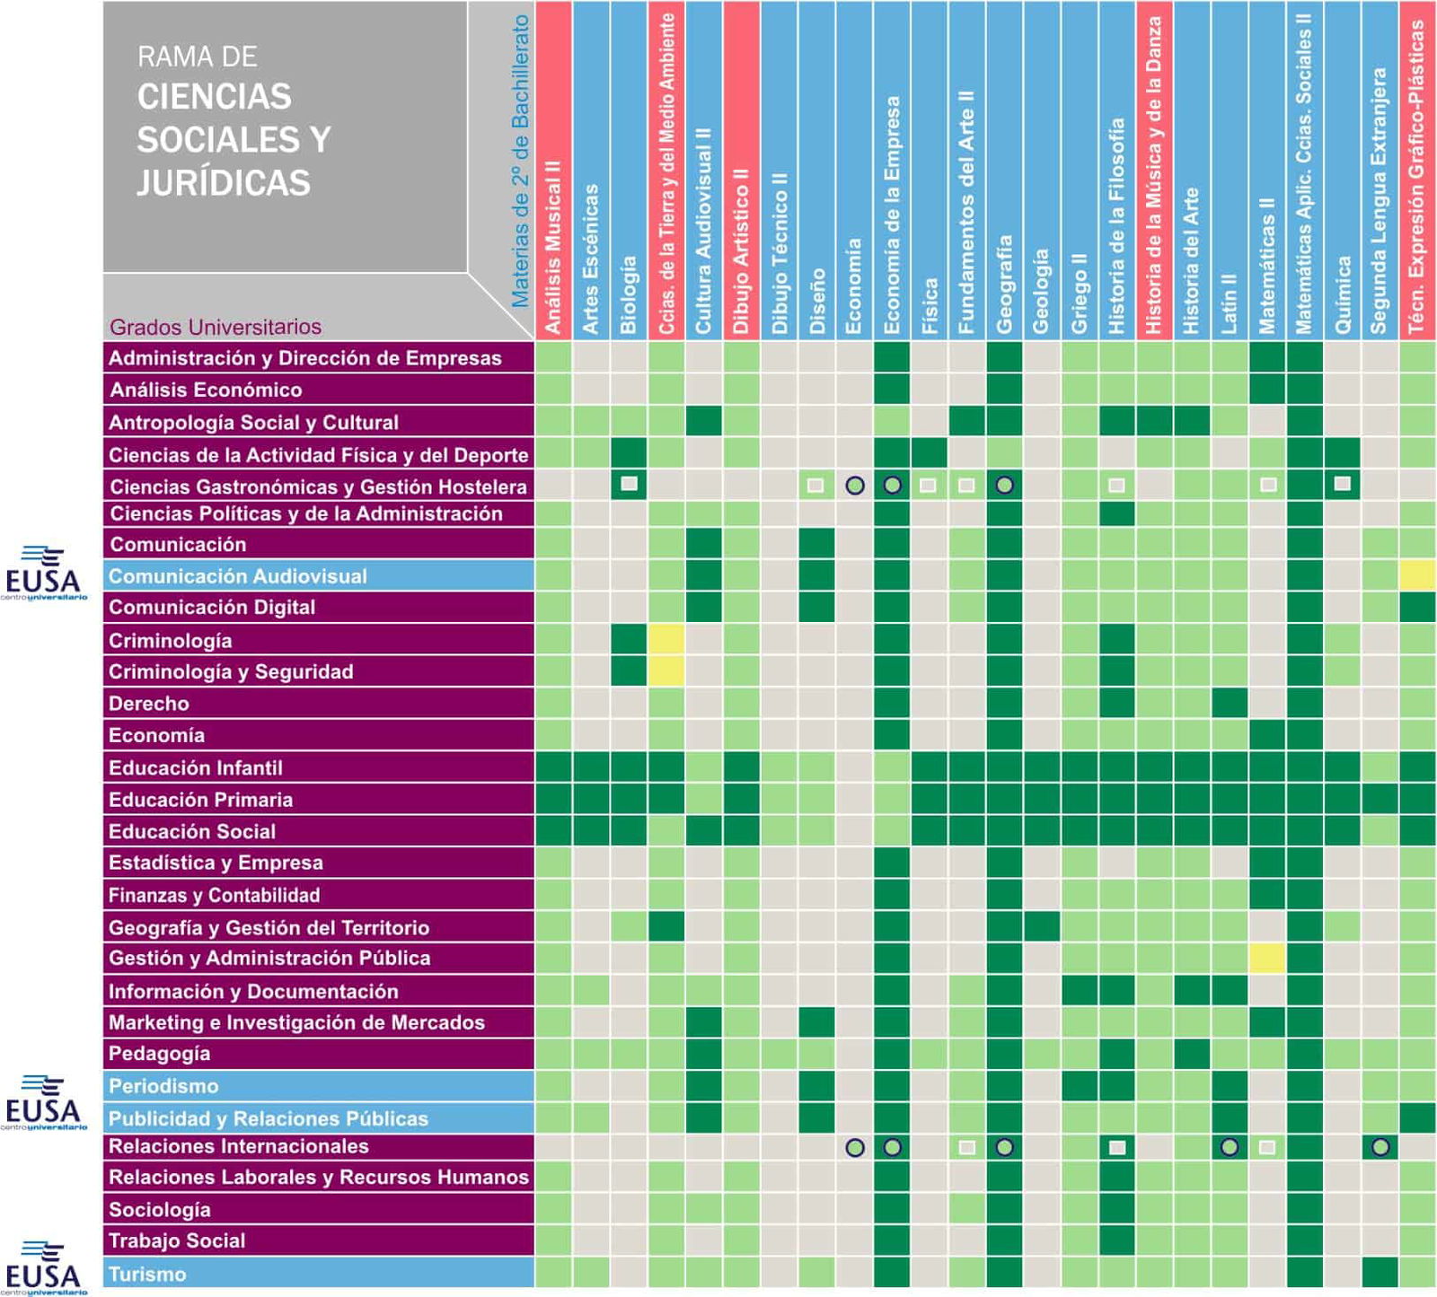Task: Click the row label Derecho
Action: [x=149, y=704]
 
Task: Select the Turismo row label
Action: [x=147, y=1274]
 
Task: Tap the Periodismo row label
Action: [x=163, y=1086]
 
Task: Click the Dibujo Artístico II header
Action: [x=741, y=251]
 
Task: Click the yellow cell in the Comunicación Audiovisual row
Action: [x=1416, y=575]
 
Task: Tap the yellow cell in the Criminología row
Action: [x=666, y=640]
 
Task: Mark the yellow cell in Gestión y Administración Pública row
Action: [x=1266, y=959]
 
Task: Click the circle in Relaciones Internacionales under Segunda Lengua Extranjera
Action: [x=1380, y=1146]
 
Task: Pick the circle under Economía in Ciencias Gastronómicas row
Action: [x=854, y=486]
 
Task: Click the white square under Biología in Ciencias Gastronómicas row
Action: [x=629, y=485]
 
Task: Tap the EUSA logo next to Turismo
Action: [x=44, y=1267]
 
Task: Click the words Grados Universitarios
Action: [x=216, y=327]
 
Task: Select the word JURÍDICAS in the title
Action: [x=224, y=183]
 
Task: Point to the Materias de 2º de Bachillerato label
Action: [x=520, y=162]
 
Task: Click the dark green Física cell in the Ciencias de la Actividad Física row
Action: [x=929, y=453]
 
